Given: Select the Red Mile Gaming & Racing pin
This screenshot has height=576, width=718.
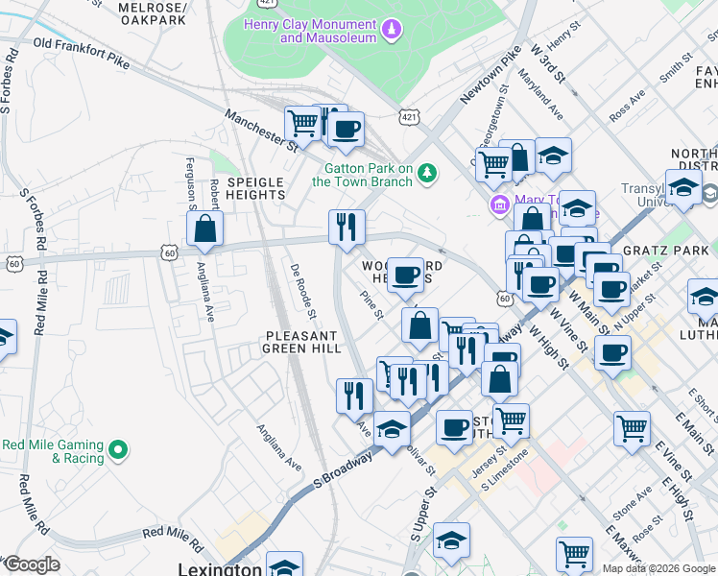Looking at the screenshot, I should coord(117,448).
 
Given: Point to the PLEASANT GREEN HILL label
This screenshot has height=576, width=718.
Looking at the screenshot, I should coord(302,342).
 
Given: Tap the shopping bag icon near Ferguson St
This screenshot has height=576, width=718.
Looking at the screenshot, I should coord(205,229).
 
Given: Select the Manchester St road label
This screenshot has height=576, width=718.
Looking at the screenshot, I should coord(261,130).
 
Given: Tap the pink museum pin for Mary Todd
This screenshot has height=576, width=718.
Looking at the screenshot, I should coord(499,204).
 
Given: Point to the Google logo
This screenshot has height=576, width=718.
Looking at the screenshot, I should coord(32,564).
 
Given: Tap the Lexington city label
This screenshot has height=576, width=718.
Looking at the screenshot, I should coord(220,568).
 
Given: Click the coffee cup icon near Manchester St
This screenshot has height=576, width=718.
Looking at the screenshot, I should coord(346,129).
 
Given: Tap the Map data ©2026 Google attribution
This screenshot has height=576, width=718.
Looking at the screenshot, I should coord(658,568).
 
